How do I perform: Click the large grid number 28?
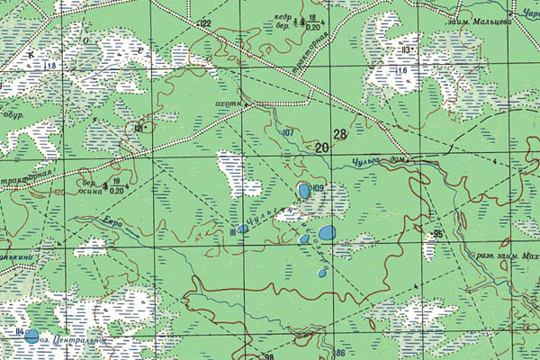tap(339, 135)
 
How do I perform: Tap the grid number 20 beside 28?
tap(322, 147)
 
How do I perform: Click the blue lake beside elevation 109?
tap(304, 191)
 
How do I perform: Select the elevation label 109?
tap(317, 188)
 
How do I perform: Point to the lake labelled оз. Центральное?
tap(32, 337)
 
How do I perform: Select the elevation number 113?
tap(407, 49)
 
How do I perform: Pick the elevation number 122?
tap(204, 22)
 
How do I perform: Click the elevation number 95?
tap(438, 234)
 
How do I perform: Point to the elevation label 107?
tap(288, 133)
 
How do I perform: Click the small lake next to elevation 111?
tap(243, 229)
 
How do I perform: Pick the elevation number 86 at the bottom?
tap(340, 353)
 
